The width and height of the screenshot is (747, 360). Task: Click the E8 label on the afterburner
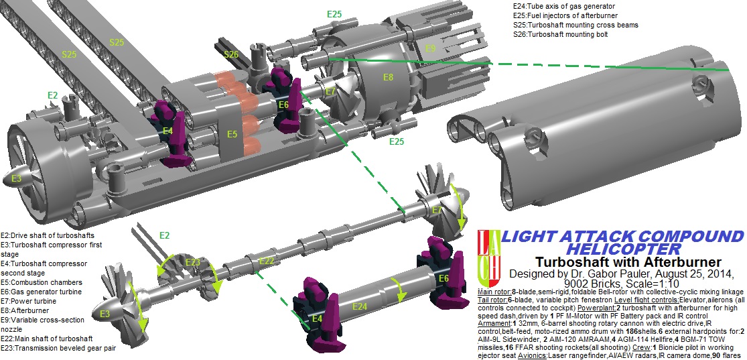(388, 78)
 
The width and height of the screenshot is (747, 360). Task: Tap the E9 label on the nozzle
(430, 48)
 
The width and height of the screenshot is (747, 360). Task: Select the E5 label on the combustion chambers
(232, 134)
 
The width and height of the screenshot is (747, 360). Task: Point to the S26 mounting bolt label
(231, 54)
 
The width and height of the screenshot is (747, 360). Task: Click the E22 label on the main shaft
(266, 260)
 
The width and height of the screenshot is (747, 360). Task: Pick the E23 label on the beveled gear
(192, 262)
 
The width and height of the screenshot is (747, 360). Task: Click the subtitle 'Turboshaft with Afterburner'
(628, 261)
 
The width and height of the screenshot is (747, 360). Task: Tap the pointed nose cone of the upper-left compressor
(15, 179)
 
